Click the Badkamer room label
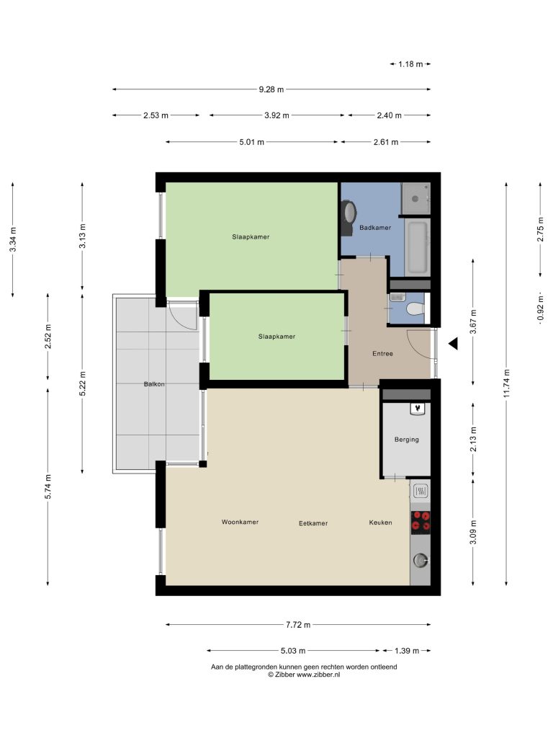(x=374, y=228)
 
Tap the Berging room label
(x=406, y=440)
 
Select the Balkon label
(x=154, y=384)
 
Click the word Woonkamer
(x=240, y=522)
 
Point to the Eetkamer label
(x=313, y=523)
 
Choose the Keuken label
(x=380, y=523)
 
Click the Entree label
(x=382, y=353)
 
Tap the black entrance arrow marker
(x=454, y=344)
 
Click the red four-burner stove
(x=421, y=523)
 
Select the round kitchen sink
(x=420, y=560)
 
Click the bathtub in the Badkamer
(x=418, y=248)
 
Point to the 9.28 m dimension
(x=271, y=89)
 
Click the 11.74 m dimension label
(x=506, y=383)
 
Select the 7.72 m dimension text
(x=298, y=625)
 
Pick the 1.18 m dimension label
(x=410, y=64)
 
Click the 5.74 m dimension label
(x=48, y=487)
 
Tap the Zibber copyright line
(x=304, y=675)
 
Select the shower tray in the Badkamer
(x=415, y=198)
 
